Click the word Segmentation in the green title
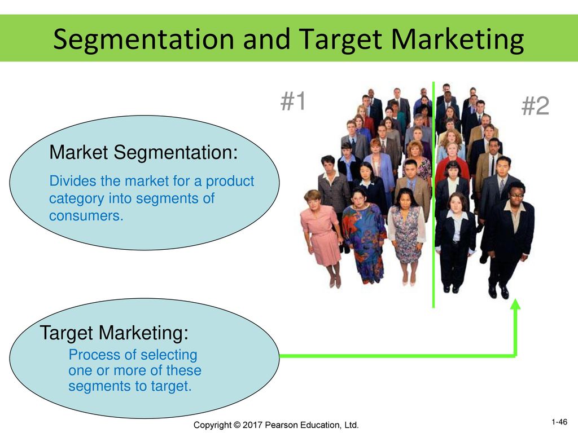click(144, 39)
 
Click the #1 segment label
click(294, 101)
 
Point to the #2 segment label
click(535, 106)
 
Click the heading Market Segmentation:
click(144, 152)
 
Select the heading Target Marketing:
click(114, 333)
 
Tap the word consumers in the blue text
click(86, 216)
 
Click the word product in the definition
click(230, 181)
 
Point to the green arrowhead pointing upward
click(516, 304)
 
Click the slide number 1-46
click(559, 422)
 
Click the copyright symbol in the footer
click(237, 425)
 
